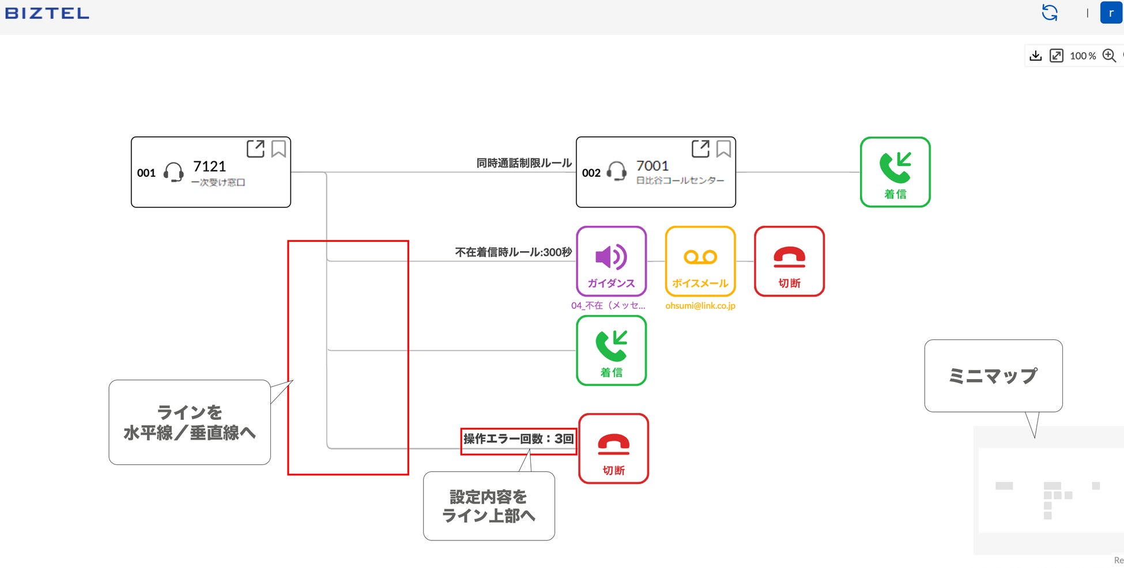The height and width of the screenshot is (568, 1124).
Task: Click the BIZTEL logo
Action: (47, 13)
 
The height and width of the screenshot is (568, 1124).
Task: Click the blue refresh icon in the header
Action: (1050, 13)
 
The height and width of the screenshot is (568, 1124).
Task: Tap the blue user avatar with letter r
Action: (1111, 13)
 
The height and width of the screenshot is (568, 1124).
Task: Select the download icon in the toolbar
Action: (1036, 55)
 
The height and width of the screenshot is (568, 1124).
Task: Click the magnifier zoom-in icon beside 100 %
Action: (1109, 55)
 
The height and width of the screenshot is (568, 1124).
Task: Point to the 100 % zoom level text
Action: (1082, 56)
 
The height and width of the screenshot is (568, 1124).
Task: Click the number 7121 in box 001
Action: (209, 166)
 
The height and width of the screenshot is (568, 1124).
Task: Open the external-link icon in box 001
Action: (255, 149)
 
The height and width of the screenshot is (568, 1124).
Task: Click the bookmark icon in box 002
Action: (723, 149)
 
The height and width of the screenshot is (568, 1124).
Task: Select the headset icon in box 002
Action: (617, 172)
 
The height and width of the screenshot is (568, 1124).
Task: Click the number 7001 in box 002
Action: (652, 166)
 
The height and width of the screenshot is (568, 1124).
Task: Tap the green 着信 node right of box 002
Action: (895, 172)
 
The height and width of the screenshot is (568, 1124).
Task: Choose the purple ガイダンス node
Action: (611, 261)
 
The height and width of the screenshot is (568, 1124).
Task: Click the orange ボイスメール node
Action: (700, 261)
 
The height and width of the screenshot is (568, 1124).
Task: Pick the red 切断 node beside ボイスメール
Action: (789, 261)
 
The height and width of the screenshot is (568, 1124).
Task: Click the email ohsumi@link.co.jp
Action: (700, 306)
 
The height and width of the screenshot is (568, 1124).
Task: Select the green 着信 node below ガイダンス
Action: (611, 350)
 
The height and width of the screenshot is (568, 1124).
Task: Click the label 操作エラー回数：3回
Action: (518, 440)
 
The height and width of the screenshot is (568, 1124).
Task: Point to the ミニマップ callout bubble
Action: (993, 376)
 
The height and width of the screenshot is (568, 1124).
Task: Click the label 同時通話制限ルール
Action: (524, 163)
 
